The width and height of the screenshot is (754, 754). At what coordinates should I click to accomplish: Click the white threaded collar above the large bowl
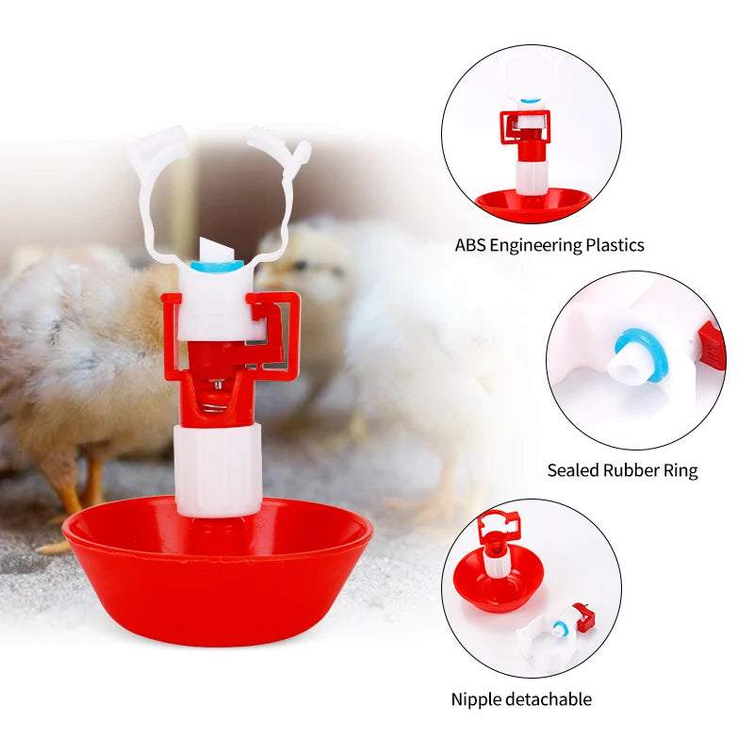point(218,467)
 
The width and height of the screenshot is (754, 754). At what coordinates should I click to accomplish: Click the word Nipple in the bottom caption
point(475,699)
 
